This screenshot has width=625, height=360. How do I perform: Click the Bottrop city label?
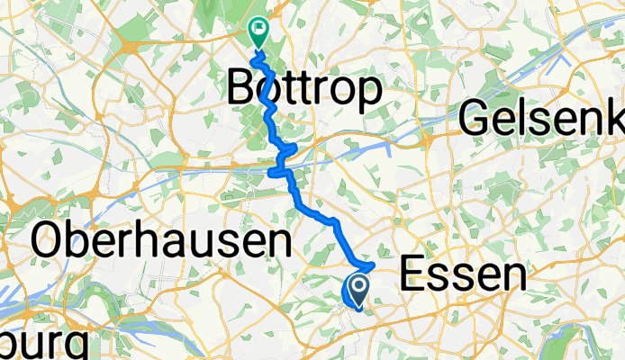pos(304,88)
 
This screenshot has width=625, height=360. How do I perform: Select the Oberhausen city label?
pos(162,242)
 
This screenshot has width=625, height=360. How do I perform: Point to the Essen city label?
pos(462,273)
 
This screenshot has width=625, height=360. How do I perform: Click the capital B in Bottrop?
pos(241,88)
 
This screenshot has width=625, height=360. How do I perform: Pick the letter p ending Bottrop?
pos(370,92)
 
